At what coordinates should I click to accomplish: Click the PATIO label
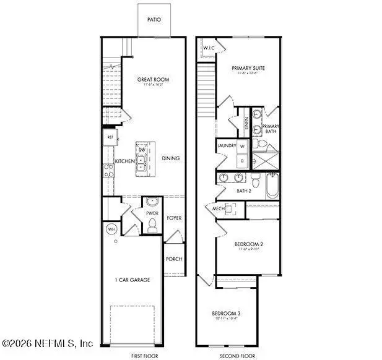click(x=154, y=20)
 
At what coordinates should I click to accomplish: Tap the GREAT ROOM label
click(x=153, y=80)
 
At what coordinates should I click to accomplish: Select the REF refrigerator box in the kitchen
click(x=110, y=137)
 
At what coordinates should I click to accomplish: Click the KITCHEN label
click(x=125, y=161)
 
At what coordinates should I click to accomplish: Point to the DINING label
click(x=171, y=158)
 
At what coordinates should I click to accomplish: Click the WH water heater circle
click(x=112, y=228)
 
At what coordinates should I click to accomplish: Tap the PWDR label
click(x=152, y=213)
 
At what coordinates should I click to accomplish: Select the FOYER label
click(x=175, y=218)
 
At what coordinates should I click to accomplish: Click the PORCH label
click(x=174, y=259)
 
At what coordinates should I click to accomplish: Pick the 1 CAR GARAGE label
click(x=132, y=280)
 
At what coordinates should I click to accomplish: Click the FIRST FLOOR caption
click(x=143, y=355)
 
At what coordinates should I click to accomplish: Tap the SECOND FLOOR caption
click(x=237, y=355)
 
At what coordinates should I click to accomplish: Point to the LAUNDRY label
click(x=226, y=147)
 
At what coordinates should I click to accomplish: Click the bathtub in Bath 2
click(x=272, y=184)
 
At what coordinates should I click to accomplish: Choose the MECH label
click(x=218, y=209)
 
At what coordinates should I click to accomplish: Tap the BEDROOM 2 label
click(x=248, y=244)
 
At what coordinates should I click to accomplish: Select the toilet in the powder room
click(x=152, y=226)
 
